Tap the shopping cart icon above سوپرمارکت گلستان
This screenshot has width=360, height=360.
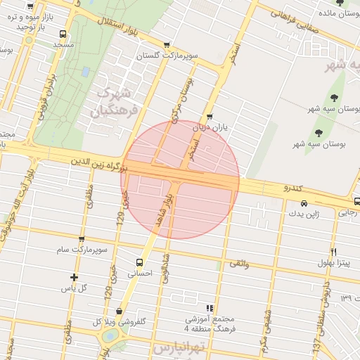click(166, 45)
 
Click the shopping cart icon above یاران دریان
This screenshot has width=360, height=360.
click(210, 117)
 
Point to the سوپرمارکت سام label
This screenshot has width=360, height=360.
click(82, 250)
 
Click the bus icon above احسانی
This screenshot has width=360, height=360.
click(139, 262)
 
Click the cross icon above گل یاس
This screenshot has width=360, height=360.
click(74, 278)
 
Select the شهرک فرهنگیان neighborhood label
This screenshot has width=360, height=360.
click(110, 102)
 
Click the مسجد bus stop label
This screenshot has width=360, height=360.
click(63, 44)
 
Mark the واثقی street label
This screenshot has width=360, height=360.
click(239, 264)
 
